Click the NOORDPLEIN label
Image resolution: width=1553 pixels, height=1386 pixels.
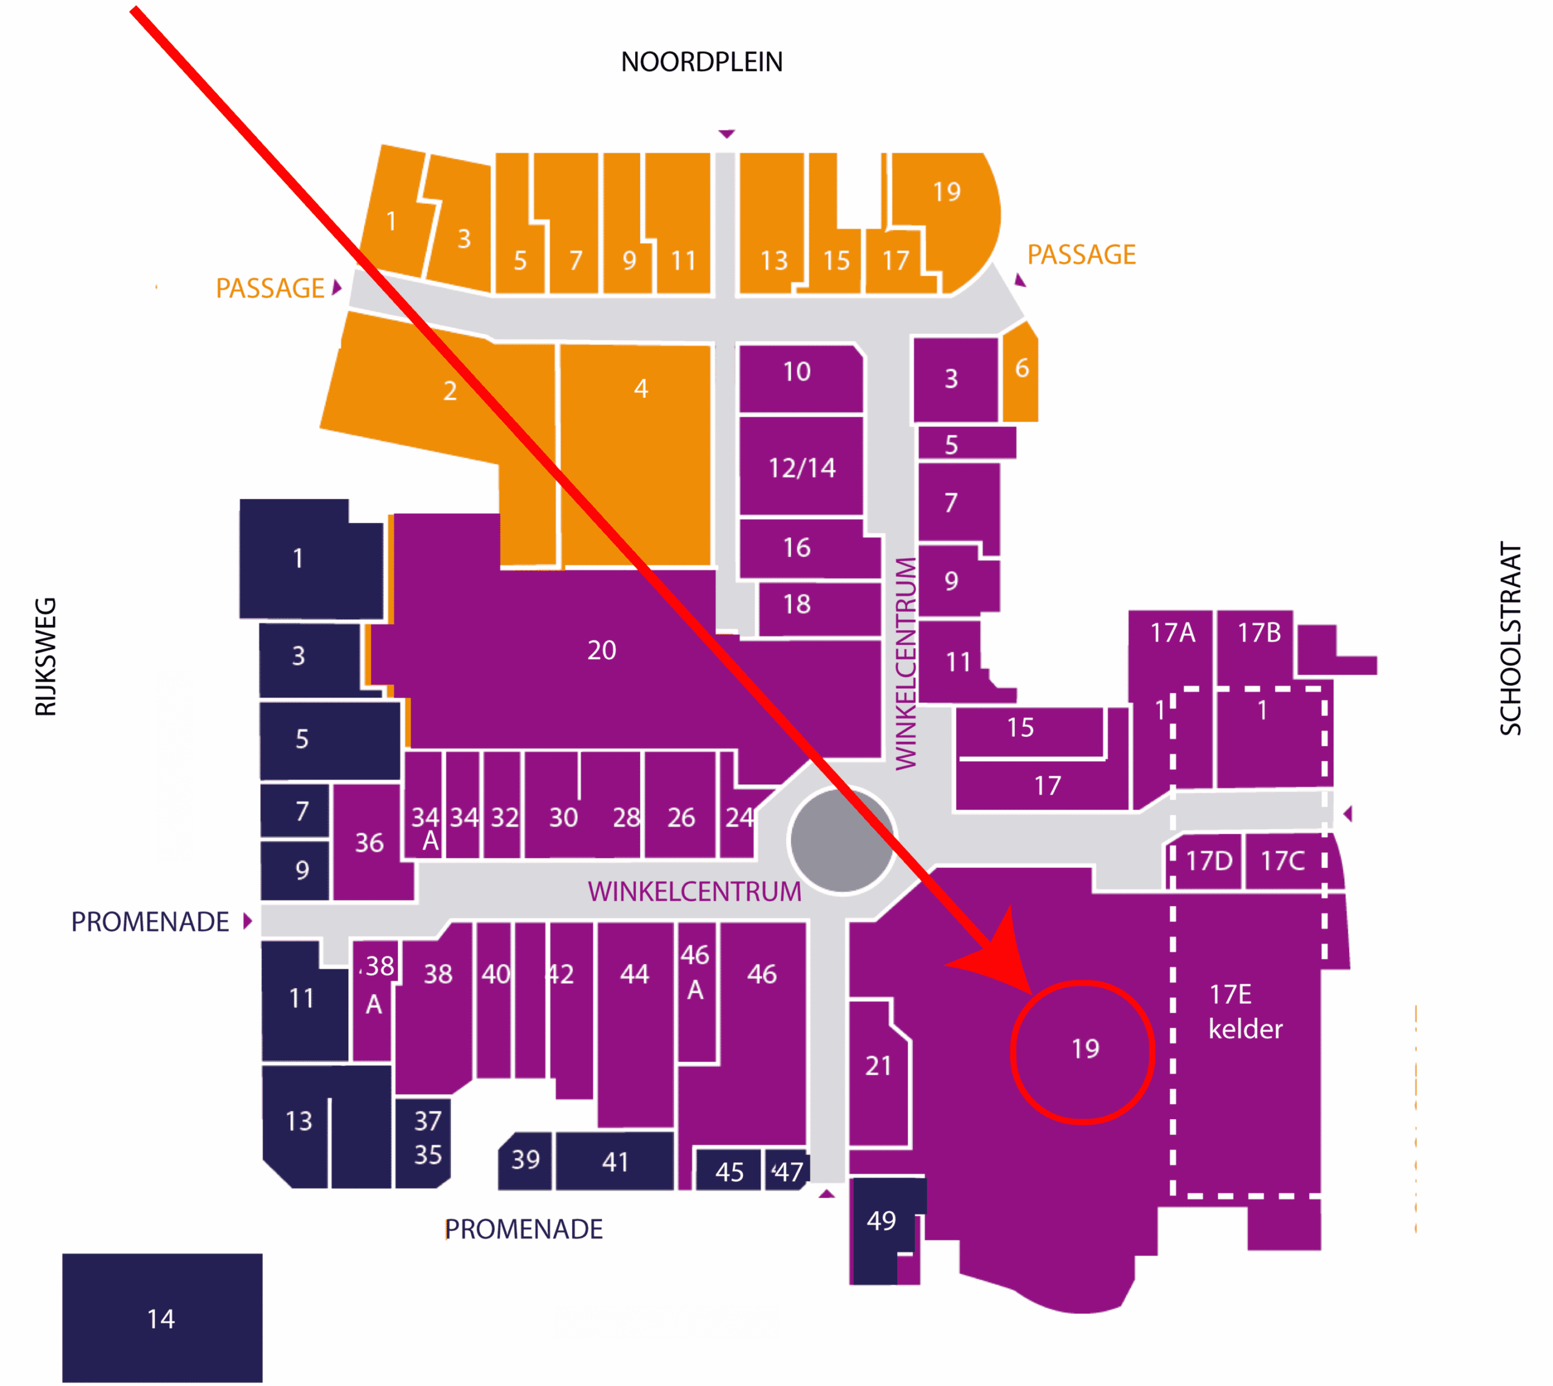click(x=701, y=62)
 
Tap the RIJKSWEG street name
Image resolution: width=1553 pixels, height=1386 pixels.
click(x=45, y=656)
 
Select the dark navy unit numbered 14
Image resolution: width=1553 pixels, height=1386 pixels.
click(x=162, y=1317)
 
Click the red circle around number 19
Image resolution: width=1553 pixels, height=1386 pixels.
click(x=1082, y=1052)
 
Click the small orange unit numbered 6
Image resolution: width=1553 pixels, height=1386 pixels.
click(x=1020, y=372)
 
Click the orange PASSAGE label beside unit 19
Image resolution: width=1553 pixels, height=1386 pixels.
click(x=1082, y=254)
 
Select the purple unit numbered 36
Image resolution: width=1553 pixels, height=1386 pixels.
click(x=371, y=843)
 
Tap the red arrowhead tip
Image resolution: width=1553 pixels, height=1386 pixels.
click(x=1032, y=995)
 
